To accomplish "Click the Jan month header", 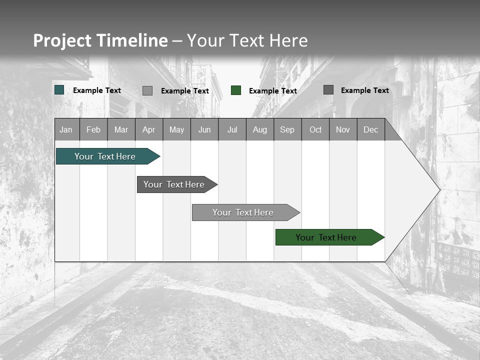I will click(66, 129).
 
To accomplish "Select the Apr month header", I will click(148, 129).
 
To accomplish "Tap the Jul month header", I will click(232, 129).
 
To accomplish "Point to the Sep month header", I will click(287, 129).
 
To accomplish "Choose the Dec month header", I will click(370, 129).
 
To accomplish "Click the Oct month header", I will click(315, 129).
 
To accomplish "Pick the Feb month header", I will click(93, 129).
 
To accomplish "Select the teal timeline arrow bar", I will click(105, 156).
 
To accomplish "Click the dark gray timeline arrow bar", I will click(174, 184).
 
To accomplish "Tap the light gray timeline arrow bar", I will click(243, 212).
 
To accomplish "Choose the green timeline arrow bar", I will click(326, 237).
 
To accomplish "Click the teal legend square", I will click(59, 90).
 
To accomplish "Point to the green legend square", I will click(236, 90).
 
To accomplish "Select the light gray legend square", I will click(147, 90).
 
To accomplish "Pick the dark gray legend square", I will click(328, 90).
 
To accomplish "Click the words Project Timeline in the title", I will click(100, 40).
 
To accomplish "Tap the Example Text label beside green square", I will click(273, 91).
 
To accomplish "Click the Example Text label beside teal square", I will click(97, 90).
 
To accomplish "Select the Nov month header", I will click(343, 129).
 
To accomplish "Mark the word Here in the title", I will click(288, 40).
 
